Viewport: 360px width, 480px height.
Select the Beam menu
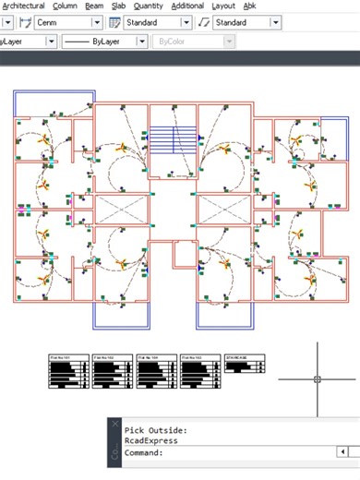pos(94,6)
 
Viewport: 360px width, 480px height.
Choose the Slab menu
pos(118,6)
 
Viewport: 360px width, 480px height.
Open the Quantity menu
pos(148,6)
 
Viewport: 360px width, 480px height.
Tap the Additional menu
pos(187,6)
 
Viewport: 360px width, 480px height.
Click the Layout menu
pos(223,6)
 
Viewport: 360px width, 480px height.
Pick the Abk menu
pos(249,6)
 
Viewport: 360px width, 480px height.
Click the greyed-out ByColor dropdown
pos(194,42)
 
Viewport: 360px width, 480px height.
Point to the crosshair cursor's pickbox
pos(317,378)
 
